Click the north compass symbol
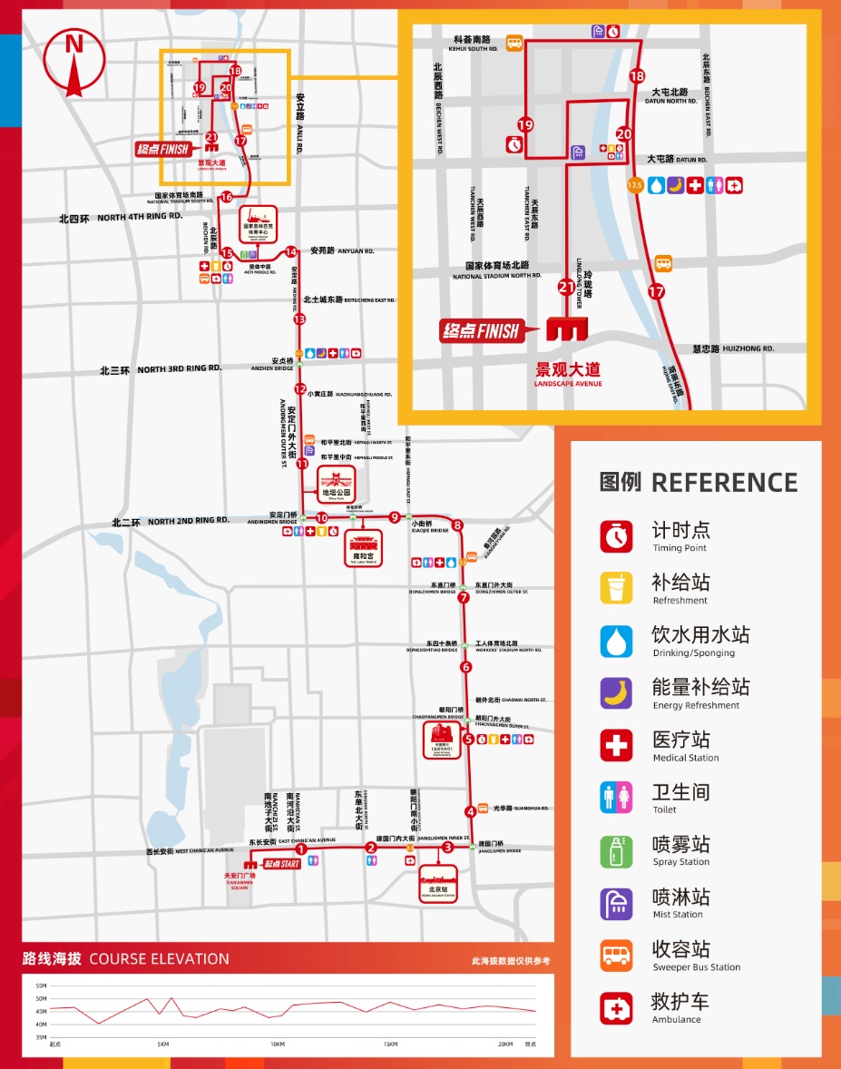tap(73, 62)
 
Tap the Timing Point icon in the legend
tap(616, 535)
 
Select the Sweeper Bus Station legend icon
tap(616, 956)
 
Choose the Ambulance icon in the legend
tap(616, 1008)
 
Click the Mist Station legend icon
tap(616, 903)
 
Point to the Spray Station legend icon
tap(616, 850)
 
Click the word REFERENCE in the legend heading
tap(724, 482)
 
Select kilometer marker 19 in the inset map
tap(525, 125)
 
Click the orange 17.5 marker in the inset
tap(634, 185)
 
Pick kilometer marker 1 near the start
tap(300, 849)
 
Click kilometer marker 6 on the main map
tap(466, 667)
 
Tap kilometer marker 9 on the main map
tap(394, 517)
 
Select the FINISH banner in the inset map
tap(481, 331)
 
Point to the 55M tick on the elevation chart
tap(41, 986)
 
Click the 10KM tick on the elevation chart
tap(277, 1044)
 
